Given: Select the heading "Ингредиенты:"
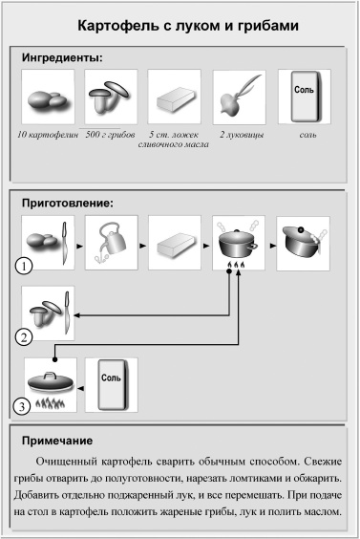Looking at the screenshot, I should [x=62, y=58].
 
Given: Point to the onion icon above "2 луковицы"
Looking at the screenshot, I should [x=239, y=97].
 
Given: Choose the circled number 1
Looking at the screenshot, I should [x=25, y=264].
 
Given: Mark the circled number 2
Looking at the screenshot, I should [x=25, y=335].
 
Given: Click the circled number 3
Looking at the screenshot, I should [x=25, y=407].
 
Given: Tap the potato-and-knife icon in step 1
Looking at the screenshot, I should [x=47, y=240].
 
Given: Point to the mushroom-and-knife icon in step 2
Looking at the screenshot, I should [x=47, y=312].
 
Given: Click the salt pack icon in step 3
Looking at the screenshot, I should [x=112, y=383].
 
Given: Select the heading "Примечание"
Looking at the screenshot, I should [x=58, y=441].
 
